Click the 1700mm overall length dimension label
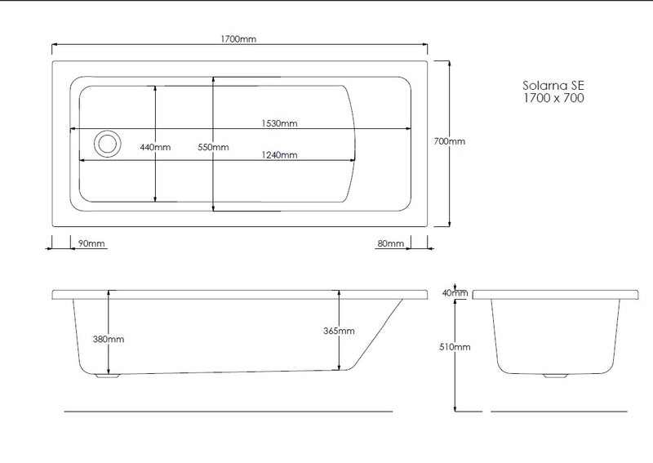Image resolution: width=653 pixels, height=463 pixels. (x=240, y=39)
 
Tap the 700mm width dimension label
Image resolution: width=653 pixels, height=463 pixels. (x=450, y=141)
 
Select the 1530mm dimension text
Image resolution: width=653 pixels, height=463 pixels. (x=279, y=123)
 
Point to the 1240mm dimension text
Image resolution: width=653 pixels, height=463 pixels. (x=279, y=155)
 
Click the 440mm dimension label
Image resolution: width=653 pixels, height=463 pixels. (x=155, y=147)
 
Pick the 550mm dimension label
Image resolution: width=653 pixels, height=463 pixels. (x=214, y=147)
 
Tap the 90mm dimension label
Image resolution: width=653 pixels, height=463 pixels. (x=91, y=243)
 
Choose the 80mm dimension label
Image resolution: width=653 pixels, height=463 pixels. (x=391, y=243)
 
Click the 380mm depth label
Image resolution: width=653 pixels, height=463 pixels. (x=109, y=338)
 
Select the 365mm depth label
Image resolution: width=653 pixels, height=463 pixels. (x=340, y=331)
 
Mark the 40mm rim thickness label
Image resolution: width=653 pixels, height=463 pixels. (x=455, y=293)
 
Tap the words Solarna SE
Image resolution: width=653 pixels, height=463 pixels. (x=553, y=84)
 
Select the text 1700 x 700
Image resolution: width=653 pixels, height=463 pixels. (x=553, y=98)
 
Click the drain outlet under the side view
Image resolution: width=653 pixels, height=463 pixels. (x=107, y=376)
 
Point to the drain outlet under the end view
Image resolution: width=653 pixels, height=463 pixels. (x=559, y=376)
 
